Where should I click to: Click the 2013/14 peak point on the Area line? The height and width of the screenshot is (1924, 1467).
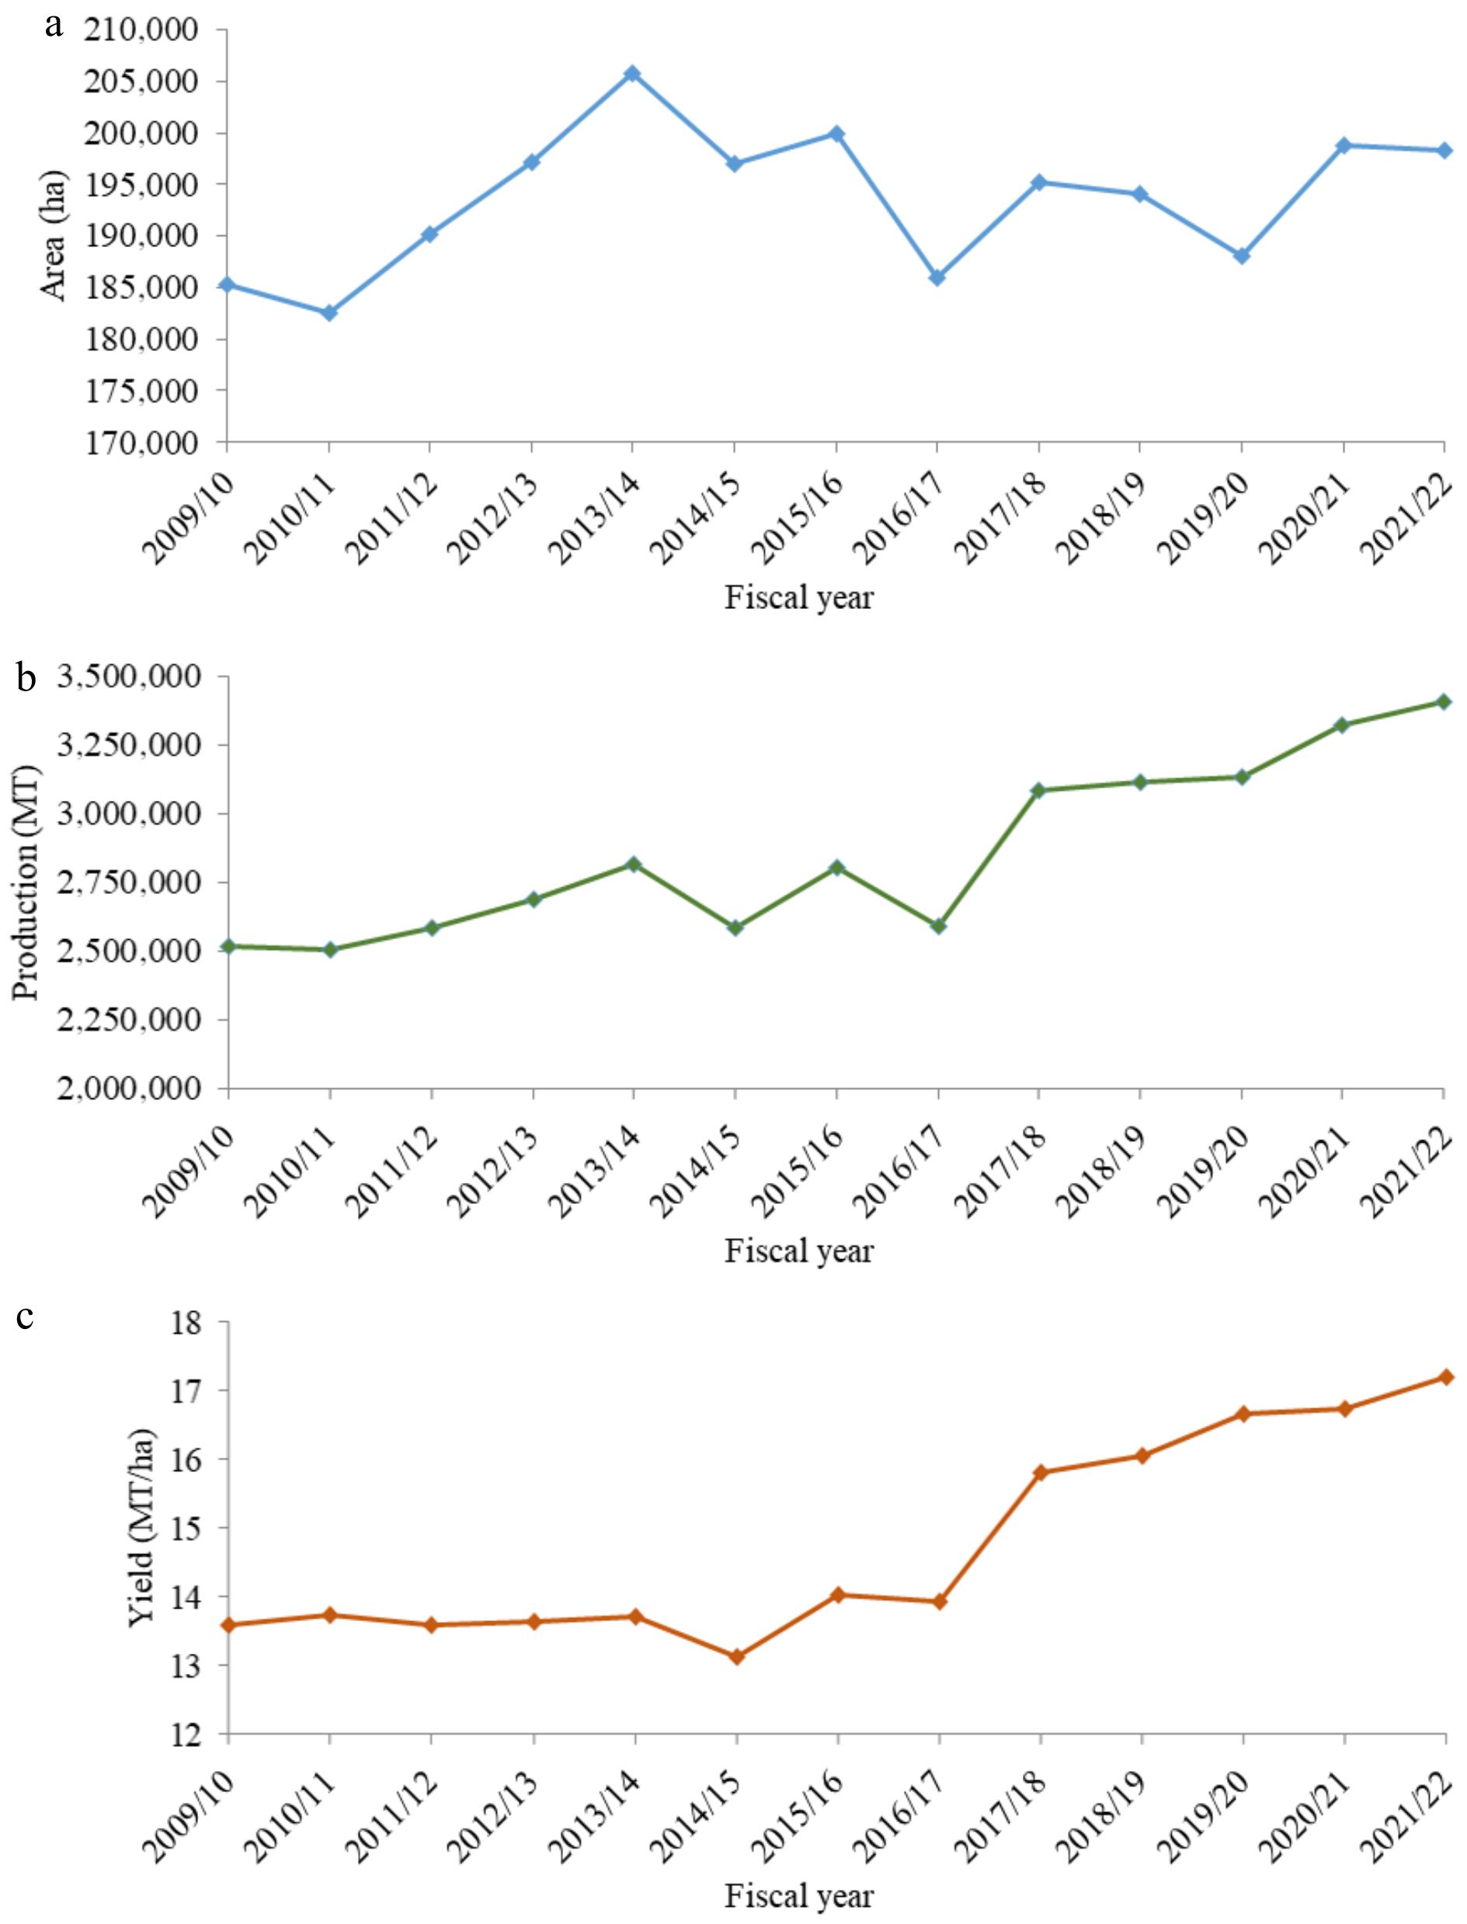pos(632,73)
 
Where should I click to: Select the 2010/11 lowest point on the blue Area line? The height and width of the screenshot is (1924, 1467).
pos(329,313)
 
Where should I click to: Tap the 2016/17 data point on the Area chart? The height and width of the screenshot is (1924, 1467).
pos(937,278)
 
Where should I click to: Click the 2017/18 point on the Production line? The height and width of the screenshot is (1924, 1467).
pos(1039,791)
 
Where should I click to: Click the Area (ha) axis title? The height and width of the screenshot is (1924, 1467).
pos(54,236)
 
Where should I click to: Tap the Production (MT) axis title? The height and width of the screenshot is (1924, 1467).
pos(28,882)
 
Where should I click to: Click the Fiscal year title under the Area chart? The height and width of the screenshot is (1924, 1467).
pos(799,598)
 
